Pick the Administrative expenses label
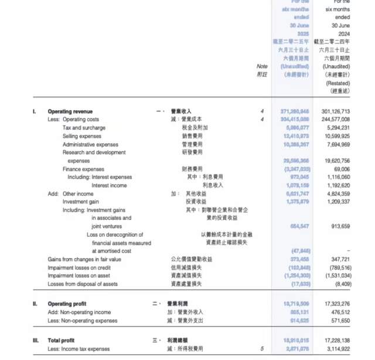coord(90,144)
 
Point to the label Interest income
coord(109,185)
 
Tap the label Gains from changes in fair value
coord(84,259)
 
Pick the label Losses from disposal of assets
coord(83,284)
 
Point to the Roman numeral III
coord(36,340)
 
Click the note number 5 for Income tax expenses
coord(262,349)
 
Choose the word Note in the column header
coord(262,66)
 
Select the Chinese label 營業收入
coord(181,111)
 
